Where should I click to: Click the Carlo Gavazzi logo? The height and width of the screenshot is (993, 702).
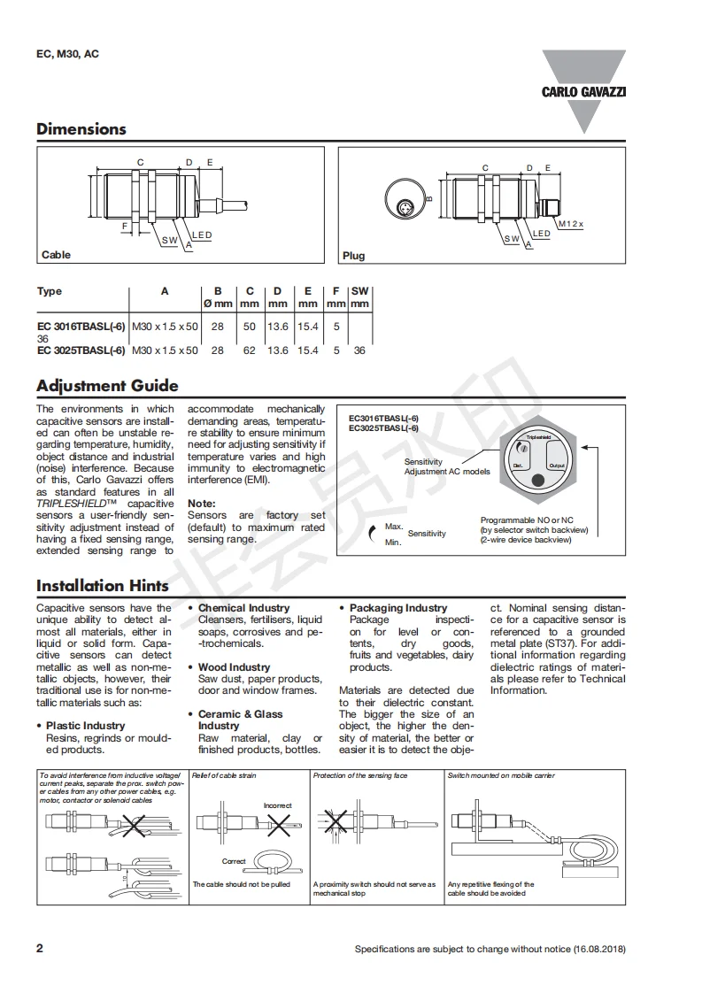[x=583, y=90]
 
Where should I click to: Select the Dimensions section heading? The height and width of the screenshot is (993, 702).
[x=81, y=129]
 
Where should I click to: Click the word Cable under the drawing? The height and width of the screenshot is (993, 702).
[x=56, y=255]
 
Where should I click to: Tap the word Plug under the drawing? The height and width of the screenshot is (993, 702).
[x=353, y=256]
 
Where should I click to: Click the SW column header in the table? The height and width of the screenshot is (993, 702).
[x=359, y=291]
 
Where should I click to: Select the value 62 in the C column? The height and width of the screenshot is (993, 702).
[x=250, y=350]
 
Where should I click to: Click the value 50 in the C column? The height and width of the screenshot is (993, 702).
[x=250, y=327]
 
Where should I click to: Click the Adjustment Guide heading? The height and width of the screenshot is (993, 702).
[x=107, y=386]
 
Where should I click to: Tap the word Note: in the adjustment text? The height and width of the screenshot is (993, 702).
[x=202, y=503]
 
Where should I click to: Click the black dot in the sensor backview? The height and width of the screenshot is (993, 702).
[x=537, y=481]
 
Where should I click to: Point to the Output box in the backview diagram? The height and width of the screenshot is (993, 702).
[x=557, y=466]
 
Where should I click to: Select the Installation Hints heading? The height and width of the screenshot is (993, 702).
[x=103, y=586]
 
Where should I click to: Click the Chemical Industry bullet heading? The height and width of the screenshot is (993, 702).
[x=243, y=608]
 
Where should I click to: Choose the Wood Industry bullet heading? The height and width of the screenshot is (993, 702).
[x=235, y=667]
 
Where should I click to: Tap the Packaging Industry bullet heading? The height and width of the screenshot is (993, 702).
[x=398, y=608]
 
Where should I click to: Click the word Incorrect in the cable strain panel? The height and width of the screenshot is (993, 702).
[x=277, y=805]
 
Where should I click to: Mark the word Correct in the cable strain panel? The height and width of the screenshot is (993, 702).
[x=234, y=861]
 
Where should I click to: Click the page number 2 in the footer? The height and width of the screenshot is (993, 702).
[x=40, y=949]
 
